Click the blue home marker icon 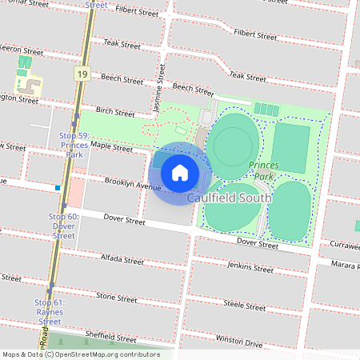180,172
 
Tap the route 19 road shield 82,74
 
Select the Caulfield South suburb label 230,197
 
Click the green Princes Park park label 262,170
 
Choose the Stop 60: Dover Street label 64,226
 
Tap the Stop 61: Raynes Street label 49,312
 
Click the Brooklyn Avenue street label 133,185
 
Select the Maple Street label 111,147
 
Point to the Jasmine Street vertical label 160,93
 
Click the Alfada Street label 122,259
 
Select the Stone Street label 117,297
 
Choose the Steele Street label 244,305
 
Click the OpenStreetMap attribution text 80,354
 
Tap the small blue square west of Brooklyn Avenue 58,188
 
